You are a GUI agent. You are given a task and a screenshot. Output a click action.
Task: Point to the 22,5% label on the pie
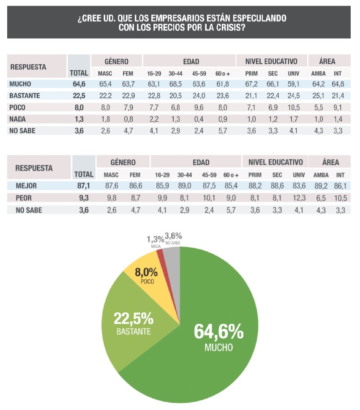click(134, 318)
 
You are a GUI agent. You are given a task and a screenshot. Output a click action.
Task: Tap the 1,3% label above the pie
click(155, 239)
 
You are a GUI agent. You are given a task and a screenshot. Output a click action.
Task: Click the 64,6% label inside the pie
click(218, 331)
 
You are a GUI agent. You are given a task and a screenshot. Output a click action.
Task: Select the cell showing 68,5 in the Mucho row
click(175, 84)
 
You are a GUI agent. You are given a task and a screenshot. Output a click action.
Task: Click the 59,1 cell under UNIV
click(293, 84)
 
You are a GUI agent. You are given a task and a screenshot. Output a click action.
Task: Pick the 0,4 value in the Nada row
click(199, 119)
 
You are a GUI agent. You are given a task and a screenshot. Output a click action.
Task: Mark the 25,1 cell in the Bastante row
click(318, 96)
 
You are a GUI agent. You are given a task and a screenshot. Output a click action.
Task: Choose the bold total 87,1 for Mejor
click(83, 186)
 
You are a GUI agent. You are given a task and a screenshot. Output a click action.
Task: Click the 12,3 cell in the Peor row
click(299, 198)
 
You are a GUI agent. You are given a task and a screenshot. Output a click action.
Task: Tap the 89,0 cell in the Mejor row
click(185, 186)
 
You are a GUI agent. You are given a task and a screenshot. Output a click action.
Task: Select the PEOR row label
click(24, 198)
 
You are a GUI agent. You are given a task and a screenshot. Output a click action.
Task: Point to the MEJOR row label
click(26, 186)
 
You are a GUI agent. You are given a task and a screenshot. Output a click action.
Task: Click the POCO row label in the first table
click(17, 107)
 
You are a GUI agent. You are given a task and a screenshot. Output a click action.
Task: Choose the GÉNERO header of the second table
click(123, 162)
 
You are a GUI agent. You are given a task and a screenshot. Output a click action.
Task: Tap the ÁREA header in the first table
click(327, 61)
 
